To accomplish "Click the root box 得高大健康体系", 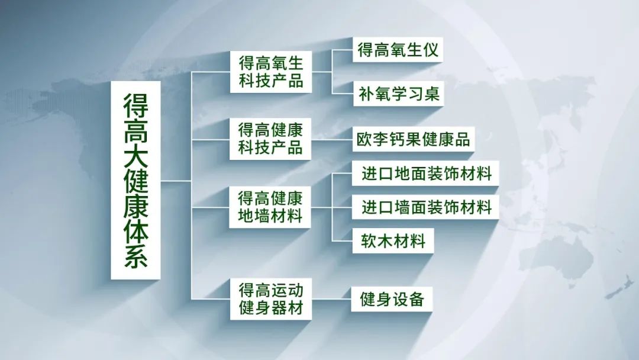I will [x=135, y=180].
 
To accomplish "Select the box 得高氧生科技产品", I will [x=271, y=72].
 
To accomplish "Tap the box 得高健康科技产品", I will [x=271, y=139].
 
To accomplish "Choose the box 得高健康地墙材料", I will [x=271, y=207].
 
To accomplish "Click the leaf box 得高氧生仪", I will [x=398, y=50].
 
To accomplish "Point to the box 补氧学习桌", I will [x=398, y=94].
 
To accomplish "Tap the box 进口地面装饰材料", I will [x=426, y=174].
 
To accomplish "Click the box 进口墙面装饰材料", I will [x=426, y=207].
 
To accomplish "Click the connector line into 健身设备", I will [x=331, y=299].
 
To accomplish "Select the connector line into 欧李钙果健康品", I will [x=331, y=140].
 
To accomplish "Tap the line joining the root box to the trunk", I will [x=176, y=180].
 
